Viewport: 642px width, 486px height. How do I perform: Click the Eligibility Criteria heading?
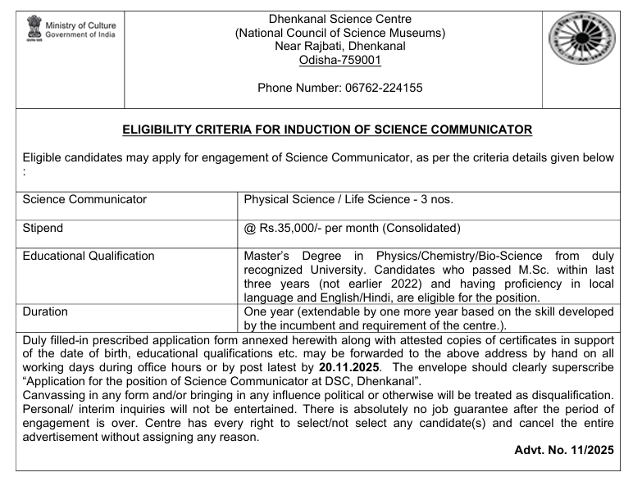[x=327, y=129]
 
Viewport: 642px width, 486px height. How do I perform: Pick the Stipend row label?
[x=43, y=228]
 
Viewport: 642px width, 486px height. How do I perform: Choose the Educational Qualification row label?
[x=89, y=256]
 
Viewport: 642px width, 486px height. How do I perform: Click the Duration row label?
[x=45, y=311]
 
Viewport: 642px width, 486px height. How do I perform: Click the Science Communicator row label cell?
[x=85, y=199]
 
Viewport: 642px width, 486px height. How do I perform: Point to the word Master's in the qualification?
[x=268, y=256]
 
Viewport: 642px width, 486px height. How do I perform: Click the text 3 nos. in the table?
[x=436, y=199]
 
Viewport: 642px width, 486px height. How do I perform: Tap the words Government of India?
[x=80, y=34]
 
